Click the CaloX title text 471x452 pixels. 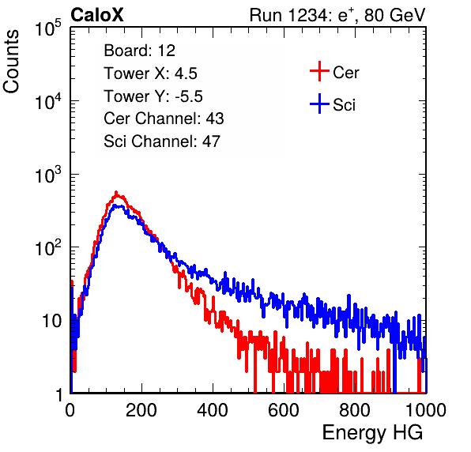pos(96,15)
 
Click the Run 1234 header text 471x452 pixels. pos(337,15)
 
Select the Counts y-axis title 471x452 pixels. pos(11,62)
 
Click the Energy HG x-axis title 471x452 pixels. pos(372,433)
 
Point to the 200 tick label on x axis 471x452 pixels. pos(141,410)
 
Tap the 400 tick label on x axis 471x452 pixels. pos(213,410)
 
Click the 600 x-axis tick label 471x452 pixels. pos(284,410)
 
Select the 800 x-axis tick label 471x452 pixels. pos(355,410)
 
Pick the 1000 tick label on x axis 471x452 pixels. pos(426,410)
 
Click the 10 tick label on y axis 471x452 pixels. pos(51,321)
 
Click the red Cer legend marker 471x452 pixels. pos(319,71)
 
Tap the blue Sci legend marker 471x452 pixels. pos(319,104)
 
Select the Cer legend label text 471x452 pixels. pos(345,73)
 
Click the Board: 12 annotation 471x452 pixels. pos(139,51)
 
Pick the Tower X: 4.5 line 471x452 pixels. pos(150,73)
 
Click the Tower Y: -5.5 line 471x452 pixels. pos(153,96)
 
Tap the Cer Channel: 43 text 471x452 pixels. pos(164,119)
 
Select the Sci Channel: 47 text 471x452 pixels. pos(162,141)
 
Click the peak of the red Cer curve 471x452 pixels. pos(116,192)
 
